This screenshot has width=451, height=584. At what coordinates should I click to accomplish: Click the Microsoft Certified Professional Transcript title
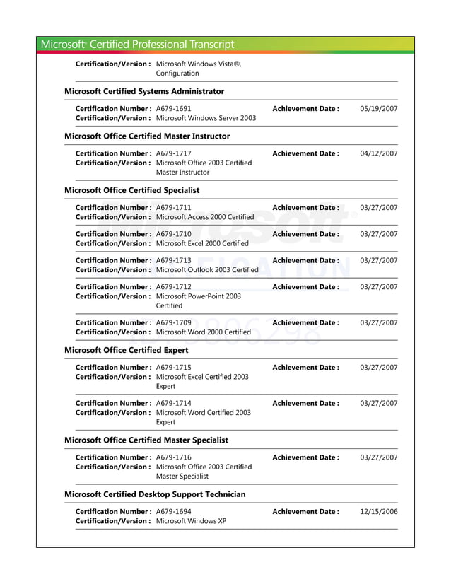pos(137,45)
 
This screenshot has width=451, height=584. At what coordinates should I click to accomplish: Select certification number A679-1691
pos(173,109)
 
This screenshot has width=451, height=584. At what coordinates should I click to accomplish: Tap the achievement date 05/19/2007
pos(378,109)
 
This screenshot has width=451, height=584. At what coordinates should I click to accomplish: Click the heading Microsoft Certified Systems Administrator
pos(143,91)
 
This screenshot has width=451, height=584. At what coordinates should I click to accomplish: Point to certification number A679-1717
pos(173,153)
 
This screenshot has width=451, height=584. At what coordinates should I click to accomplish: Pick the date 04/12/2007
pos(378,153)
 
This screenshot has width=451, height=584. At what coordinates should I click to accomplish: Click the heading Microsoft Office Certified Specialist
pos(131,190)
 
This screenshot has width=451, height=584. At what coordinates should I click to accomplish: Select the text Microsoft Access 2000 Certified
pos(204,217)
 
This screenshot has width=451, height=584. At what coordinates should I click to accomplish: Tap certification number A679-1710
pos(173,234)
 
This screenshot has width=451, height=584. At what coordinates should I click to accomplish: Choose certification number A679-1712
pos(173,287)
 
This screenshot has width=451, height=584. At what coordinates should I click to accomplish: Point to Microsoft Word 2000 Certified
pos(203,332)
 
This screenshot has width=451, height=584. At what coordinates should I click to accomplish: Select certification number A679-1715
pos(173,368)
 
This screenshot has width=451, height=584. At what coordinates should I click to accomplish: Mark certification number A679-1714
pos(173,404)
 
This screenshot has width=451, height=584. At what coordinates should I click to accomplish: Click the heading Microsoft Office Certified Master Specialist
pos(146,440)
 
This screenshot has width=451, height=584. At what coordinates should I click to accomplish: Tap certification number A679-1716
pos(173,457)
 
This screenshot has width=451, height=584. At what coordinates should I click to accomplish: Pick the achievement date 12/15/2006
pos(378,511)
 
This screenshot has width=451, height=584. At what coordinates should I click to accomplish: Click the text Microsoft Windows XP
pos(191,521)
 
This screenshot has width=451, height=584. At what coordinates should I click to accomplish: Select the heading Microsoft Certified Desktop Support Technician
pos(155,494)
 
